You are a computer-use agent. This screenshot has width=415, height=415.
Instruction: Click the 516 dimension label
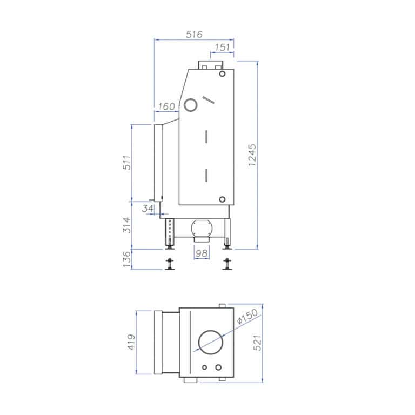[x=194, y=35]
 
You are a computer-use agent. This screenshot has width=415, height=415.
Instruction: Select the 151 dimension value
[x=222, y=48]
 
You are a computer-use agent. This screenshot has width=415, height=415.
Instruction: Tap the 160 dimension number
[x=166, y=106]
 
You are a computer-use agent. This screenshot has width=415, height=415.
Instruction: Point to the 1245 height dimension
[x=252, y=155]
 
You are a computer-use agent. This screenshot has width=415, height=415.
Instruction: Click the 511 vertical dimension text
[x=127, y=163]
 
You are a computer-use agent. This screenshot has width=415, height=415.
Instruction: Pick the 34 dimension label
[x=148, y=208]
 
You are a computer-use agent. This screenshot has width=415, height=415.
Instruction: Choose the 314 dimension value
[x=127, y=225]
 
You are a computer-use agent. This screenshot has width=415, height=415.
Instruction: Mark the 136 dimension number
[x=127, y=259]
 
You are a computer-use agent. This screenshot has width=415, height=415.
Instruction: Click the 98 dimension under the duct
[x=202, y=253]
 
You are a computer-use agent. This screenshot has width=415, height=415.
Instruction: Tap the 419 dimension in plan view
[x=131, y=342]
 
